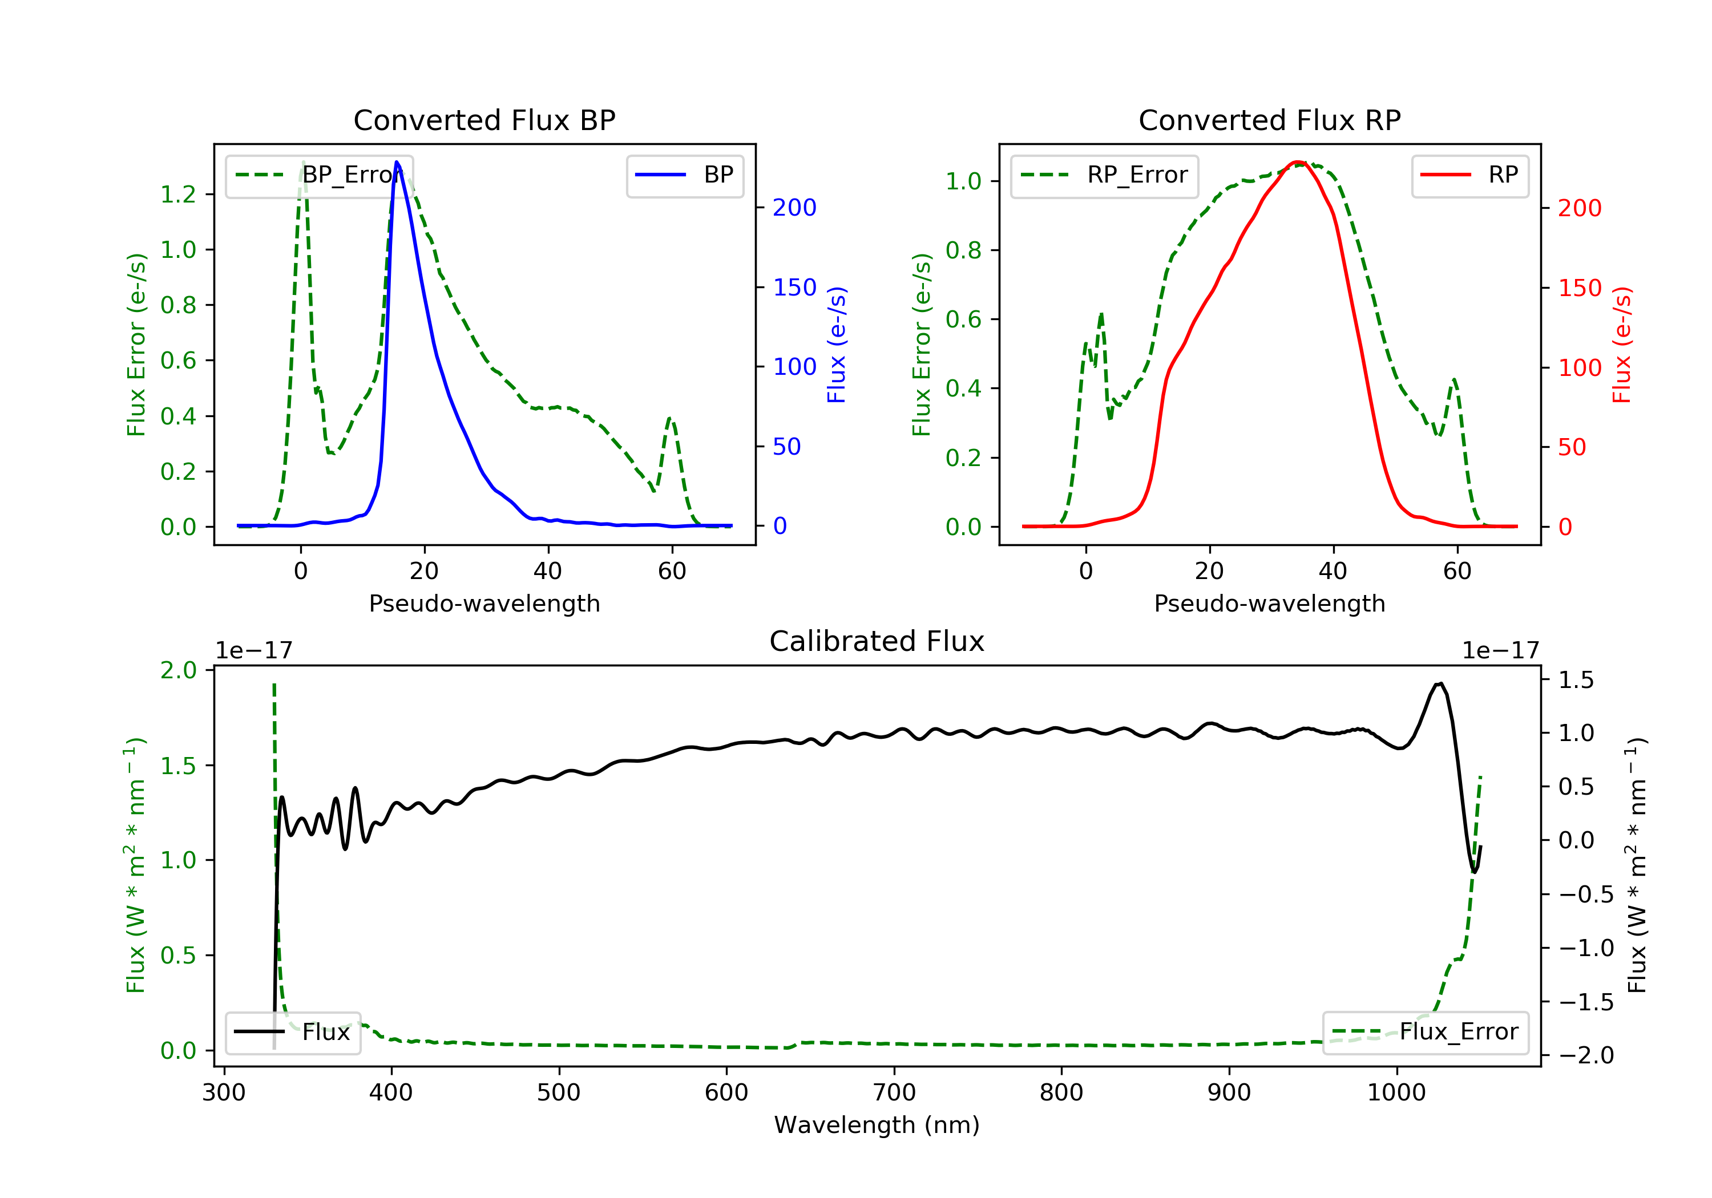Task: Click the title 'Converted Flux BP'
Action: (x=484, y=120)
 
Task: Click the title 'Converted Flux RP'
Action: (x=1269, y=120)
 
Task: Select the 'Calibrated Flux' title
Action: (x=877, y=641)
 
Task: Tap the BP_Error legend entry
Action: (x=319, y=175)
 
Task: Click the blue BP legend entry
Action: (x=684, y=175)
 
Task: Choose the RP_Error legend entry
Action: (x=1104, y=175)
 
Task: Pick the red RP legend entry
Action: (x=1469, y=175)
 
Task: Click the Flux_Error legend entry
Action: (x=1425, y=1032)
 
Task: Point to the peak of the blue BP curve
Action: (x=397, y=162)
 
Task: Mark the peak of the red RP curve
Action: (x=1298, y=162)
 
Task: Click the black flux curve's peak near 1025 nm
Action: (x=1440, y=683)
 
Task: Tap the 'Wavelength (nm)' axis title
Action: (x=877, y=1125)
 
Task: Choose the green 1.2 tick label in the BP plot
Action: (x=178, y=195)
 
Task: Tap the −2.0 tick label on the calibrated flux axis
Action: (x=1586, y=1055)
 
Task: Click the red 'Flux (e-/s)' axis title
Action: (x=1622, y=345)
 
